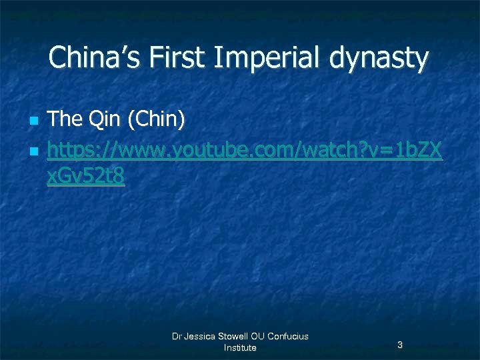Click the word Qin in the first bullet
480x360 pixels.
click(105, 120)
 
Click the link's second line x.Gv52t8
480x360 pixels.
click(86, 177)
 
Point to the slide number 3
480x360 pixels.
click(399, 345)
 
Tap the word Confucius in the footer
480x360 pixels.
click(288, 336)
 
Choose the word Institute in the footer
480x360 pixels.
click(240, 347)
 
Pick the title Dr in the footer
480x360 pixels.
click(177, 336)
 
